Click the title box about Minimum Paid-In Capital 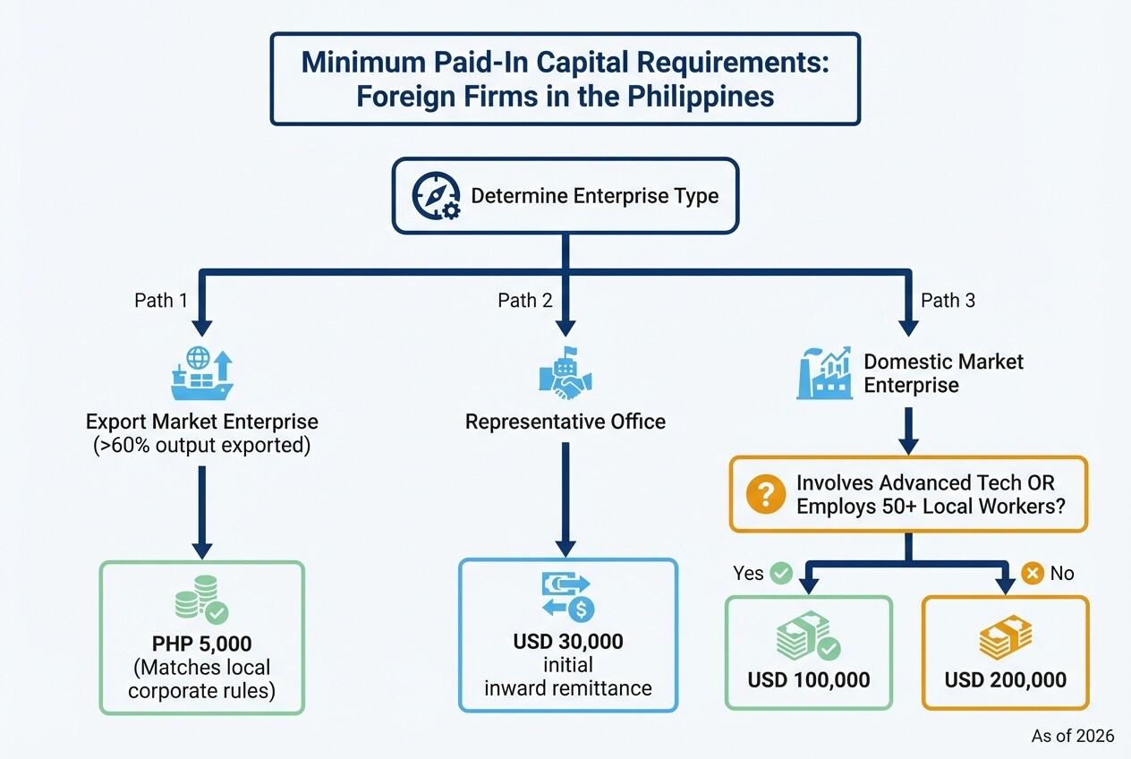tap(565, 79)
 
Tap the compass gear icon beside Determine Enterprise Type tap(436, 197)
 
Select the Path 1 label tap(161, 301)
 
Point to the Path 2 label tap(524, 301)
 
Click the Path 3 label tap(948, 301)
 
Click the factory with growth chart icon tap(824, 374)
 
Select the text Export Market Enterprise tap(202, 421)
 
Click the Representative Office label tap(565, 422)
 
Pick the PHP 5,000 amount tap(201, 643)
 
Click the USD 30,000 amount tap(568, 642)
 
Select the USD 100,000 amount tap(808, 680)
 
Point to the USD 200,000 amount tap(1005, 680)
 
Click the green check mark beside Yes tap(781, 573)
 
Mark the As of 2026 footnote tap(1073, 736)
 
